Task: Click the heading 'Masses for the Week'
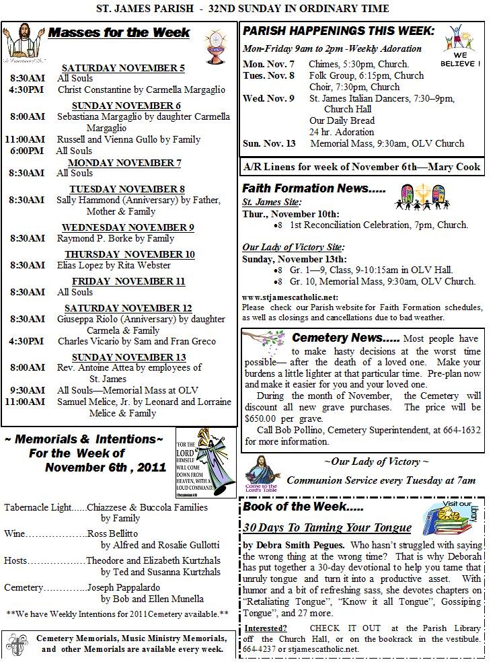119,33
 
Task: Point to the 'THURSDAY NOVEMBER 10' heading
130,254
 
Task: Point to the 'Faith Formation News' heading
314,189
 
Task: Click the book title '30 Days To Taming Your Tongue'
327,527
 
